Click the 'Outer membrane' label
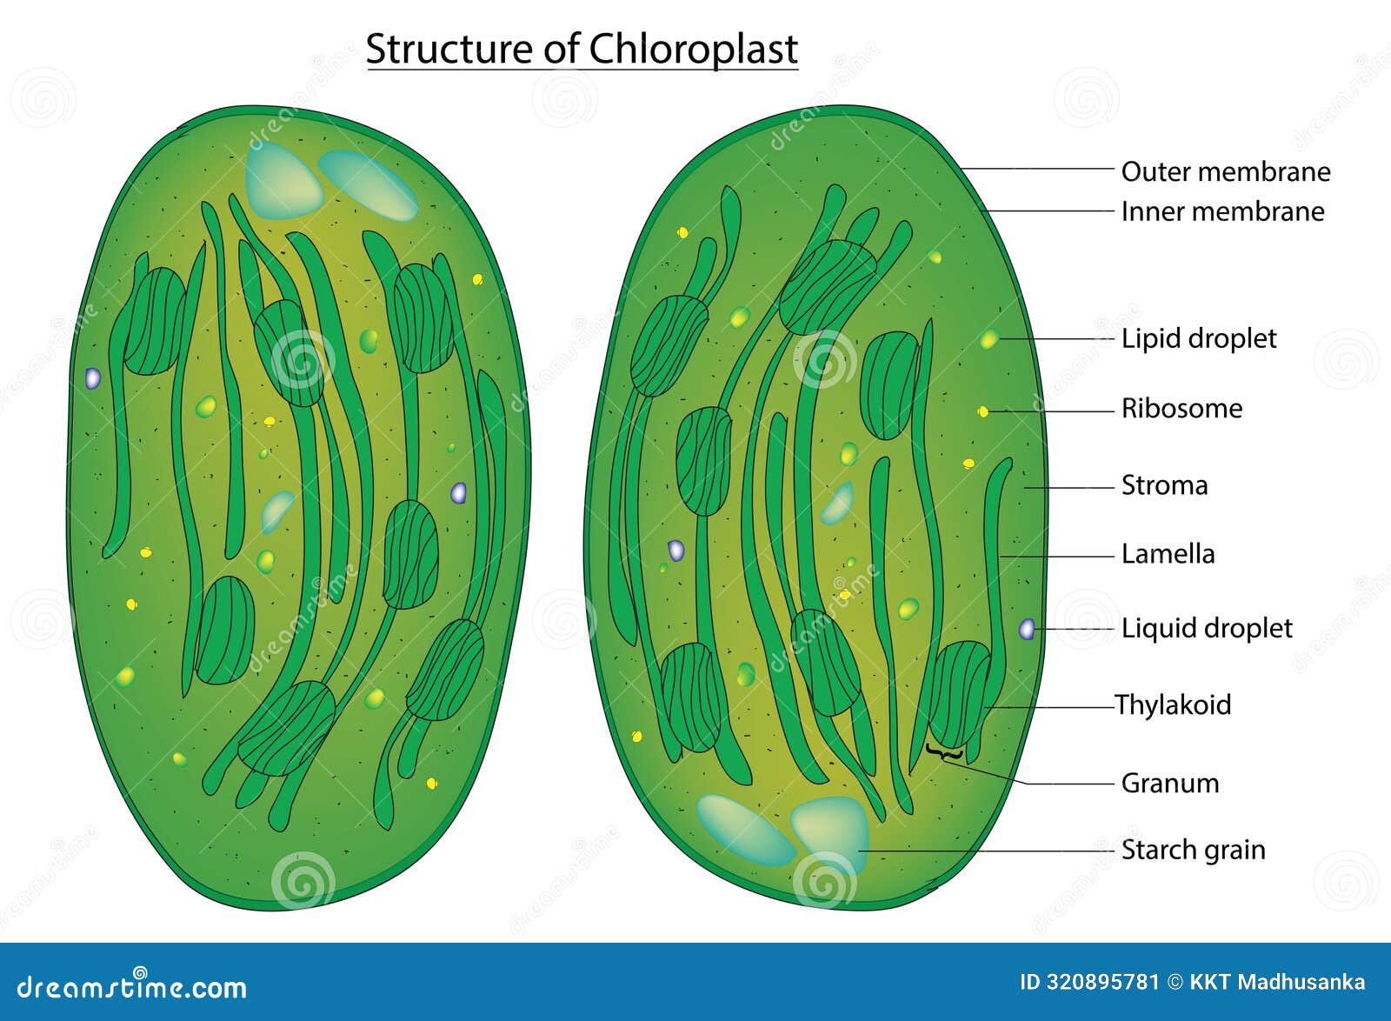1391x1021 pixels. (1225, 171)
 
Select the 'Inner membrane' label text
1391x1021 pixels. (1222, 211)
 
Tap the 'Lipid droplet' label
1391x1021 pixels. (1198, 338)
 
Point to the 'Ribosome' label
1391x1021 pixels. (1181, 408)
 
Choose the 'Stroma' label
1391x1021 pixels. (1164, 485)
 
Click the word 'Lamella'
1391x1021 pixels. (1168, 554)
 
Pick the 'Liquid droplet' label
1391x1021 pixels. (1206, 628)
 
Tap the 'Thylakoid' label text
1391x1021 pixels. (1173, 704)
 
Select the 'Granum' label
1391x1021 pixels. (1169, 783)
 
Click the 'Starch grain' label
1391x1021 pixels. (1193, 850)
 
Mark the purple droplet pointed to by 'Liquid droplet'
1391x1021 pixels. (1027, 629)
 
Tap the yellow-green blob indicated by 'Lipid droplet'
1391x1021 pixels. (989, 339)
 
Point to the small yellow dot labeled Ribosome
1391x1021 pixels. (983, 411)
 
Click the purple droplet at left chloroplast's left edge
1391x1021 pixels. (92, 378)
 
